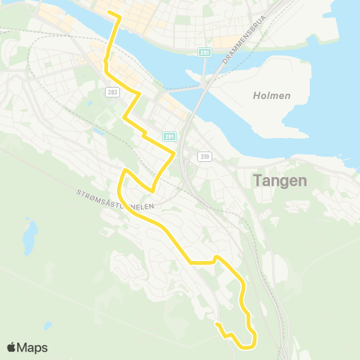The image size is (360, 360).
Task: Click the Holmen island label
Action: tap(271, 95)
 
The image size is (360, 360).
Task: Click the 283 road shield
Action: tap(112, 91)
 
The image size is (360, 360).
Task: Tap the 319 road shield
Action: tap(204, 156)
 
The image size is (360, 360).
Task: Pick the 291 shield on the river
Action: tap(204, 52)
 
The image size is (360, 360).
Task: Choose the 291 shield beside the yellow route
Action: tap(169, 136)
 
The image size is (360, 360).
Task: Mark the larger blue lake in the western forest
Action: tap(29, 238)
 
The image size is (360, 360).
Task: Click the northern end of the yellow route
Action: tap(109, 13)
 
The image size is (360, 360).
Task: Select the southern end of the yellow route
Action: tap(216, 324)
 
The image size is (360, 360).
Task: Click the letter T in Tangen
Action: tap(259, 181)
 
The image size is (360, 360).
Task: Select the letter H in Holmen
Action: tap(256, 95)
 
